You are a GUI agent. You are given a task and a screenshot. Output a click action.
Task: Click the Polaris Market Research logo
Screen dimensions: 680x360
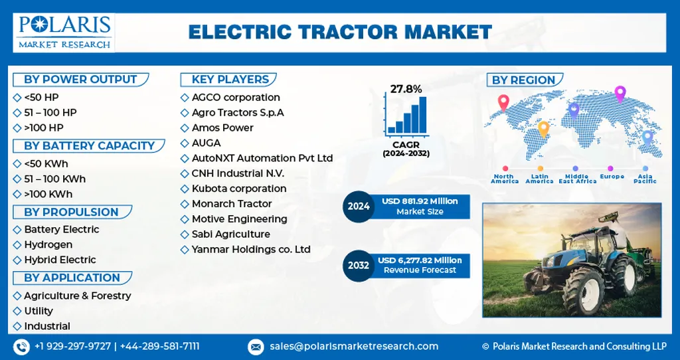64,33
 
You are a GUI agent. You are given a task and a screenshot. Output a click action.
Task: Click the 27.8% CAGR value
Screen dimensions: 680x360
406,90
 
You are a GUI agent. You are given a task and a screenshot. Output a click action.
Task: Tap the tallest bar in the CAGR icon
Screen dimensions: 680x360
423,114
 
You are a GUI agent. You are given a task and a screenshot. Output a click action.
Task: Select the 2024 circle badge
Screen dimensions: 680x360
358,207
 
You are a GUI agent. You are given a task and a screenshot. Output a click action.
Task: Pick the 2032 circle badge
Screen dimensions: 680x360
358,266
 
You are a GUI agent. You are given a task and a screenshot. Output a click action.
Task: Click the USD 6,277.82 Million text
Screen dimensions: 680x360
420,260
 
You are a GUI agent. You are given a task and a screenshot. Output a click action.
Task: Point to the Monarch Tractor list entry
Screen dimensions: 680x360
232,204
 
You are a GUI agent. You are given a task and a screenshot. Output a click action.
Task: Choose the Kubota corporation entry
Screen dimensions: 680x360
239,189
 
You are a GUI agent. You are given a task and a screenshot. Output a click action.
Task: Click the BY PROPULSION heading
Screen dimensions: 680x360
71,212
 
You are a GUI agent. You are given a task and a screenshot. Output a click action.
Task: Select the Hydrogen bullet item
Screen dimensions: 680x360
48,244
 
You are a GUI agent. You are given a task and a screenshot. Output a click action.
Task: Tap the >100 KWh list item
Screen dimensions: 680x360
48,195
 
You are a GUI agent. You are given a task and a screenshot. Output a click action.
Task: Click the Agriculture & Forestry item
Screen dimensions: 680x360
77,296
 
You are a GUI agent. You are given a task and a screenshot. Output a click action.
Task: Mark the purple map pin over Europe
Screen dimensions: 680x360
620,94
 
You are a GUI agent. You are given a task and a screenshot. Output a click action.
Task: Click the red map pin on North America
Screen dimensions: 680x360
503,103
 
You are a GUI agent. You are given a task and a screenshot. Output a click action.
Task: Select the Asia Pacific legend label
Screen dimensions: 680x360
645,179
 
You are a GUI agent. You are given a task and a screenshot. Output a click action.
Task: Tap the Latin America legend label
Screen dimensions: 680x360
539,179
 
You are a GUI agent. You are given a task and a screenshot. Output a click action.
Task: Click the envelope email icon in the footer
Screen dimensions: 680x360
256,347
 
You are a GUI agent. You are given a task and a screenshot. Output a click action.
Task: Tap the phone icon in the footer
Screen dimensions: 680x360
21,347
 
